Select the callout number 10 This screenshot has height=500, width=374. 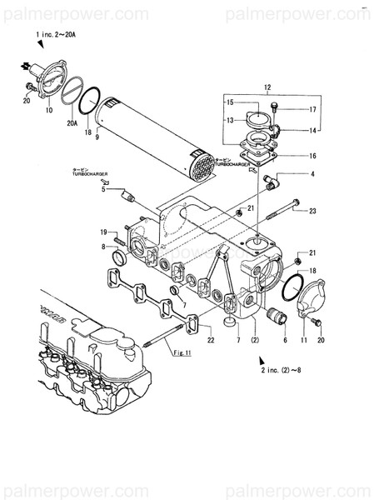48,110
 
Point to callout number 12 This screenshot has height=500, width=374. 268,86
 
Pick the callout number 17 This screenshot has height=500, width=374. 313,109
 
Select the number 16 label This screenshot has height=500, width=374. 312,156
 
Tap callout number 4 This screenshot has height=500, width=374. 312,174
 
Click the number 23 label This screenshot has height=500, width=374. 312,211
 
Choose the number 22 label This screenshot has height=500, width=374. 212,342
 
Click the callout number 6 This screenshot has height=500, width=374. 285,342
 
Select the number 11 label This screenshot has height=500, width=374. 302,342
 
